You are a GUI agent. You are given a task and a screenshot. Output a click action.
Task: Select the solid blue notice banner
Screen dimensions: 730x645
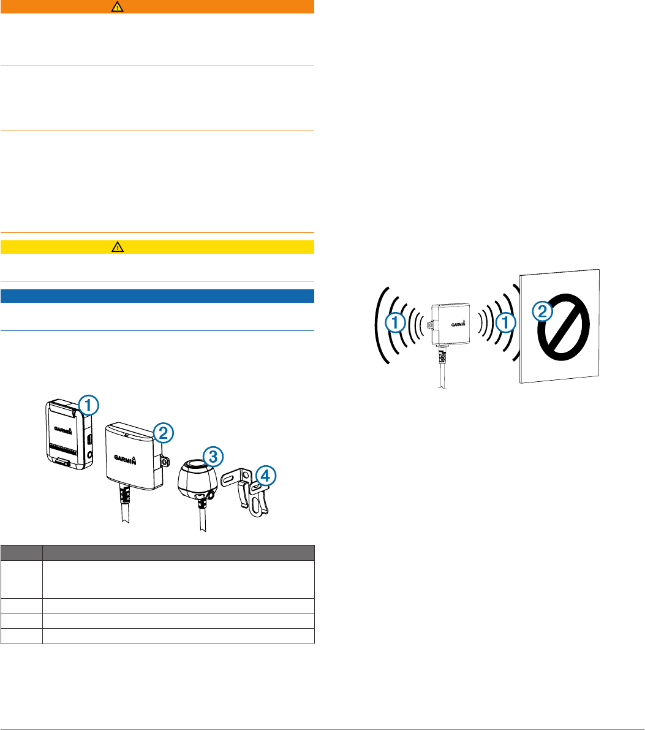coord(157,296)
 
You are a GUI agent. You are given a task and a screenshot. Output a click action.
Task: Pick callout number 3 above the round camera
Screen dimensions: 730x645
coord(212,456)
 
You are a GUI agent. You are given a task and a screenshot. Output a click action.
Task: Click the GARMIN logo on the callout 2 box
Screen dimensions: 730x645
coord(129,457)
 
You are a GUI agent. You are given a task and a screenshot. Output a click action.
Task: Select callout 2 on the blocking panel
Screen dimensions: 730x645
coord(541,313)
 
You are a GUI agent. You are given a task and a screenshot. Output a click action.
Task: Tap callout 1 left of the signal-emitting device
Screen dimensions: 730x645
coord(396,323)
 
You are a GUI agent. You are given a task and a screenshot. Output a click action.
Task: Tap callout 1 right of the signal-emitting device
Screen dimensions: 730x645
coord(505,323)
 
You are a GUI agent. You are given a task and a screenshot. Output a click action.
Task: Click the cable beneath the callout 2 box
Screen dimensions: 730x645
coord(125,508)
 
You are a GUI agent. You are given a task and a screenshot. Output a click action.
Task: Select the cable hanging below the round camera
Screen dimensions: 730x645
coord(202,512)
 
